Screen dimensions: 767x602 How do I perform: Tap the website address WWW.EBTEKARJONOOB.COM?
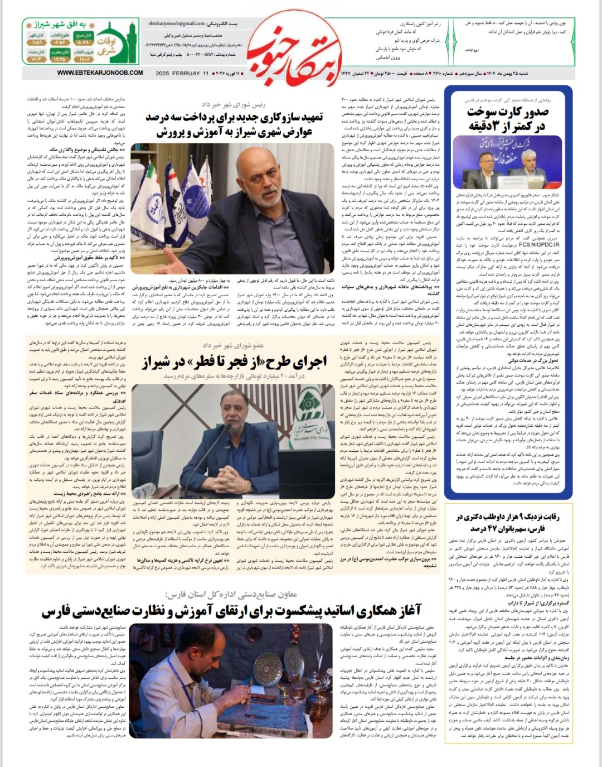pos(100,73)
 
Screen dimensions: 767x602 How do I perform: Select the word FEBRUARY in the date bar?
pos(186,74)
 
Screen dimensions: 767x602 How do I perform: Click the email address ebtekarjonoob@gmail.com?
pos(177,23)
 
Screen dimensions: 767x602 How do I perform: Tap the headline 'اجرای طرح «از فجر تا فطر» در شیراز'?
pos(234,362)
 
